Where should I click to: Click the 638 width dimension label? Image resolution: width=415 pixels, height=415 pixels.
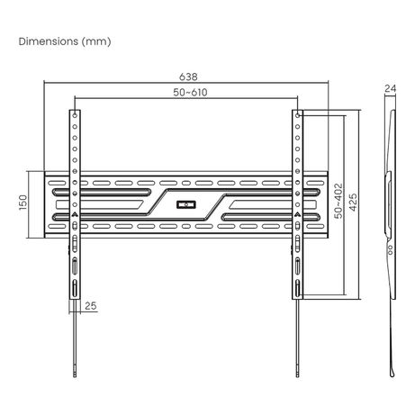tap(188, 77)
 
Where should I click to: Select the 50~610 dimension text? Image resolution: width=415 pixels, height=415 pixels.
tap(190, 93)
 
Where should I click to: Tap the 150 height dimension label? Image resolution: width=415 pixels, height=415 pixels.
tap(23, 203)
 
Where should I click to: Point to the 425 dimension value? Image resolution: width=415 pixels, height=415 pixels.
tap(353, 203)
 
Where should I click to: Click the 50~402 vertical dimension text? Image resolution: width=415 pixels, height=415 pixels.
tap(338, 201)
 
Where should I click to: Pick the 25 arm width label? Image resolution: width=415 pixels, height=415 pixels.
tap(91, 306)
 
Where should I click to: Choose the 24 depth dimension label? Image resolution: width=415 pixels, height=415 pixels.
tap(391, 88)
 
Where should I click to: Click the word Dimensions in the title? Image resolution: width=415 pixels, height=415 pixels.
tap(49, 41)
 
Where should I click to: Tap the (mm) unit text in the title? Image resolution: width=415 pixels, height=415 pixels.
tap(96, 41)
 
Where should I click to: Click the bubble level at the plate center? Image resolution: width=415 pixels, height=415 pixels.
tap(186, 205)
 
